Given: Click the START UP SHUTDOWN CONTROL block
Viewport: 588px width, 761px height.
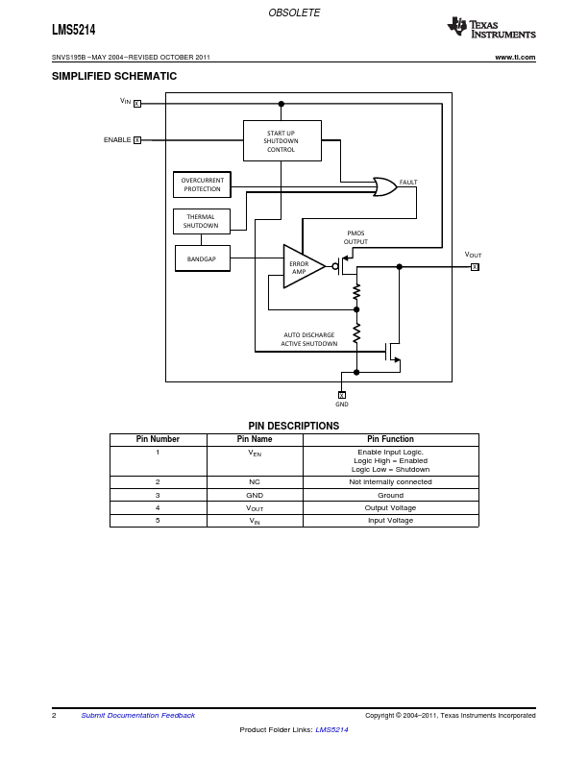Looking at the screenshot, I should pyautogui.click(x=282, y=140).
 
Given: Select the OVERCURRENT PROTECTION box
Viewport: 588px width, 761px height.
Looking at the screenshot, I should pyautogui.click(x=202, y=184).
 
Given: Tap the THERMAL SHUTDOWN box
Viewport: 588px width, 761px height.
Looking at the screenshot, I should pyautogui.click(x=201, y=221).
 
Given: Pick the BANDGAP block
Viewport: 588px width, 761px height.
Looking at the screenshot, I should pyautogui.click(x=202, y=258).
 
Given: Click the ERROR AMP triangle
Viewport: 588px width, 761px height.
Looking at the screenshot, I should pyautogui.click(x=302, y=266).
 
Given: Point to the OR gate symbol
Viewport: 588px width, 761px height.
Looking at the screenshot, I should pyautogui.click(x=384, y=186).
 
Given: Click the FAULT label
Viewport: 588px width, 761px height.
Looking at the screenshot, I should pyautogui.click(x=408, y=182).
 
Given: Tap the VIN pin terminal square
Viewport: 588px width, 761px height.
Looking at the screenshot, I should pyautogui.click(x=137, y=104).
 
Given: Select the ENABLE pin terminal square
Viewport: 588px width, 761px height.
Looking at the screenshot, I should pyautogui.click(x=137, y=140).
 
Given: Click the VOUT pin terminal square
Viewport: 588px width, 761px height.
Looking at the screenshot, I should pyautogui.click(x=475, y=266).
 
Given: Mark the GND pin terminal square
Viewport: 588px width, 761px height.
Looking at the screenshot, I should pyautogui.click(x=342, y=394).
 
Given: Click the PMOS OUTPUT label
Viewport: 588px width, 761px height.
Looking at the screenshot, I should pyautogui.click(x=355, y=237).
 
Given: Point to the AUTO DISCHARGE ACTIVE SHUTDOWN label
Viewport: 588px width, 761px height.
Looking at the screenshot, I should pyautogui.click(x=309, y=339).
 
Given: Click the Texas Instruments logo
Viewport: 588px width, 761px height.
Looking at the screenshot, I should pyautogui.click(x=491, y=29).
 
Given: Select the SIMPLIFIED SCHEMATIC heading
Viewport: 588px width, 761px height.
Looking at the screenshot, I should pyautogui.click(x=114, y=76).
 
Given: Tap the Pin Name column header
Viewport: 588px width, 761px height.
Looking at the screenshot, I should pyautogui.click(x=255, y=439).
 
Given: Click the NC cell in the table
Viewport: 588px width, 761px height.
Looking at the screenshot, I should pyautogui.click(x=255, y=481).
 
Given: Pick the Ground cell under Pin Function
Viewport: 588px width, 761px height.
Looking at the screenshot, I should pyautogui.click(x=390, y=495).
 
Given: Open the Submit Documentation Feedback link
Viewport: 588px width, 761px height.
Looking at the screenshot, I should pyautogui.click(x=137, y=715).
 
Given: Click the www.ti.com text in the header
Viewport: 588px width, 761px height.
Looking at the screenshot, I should pyautogui.click(x=515, y=58).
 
